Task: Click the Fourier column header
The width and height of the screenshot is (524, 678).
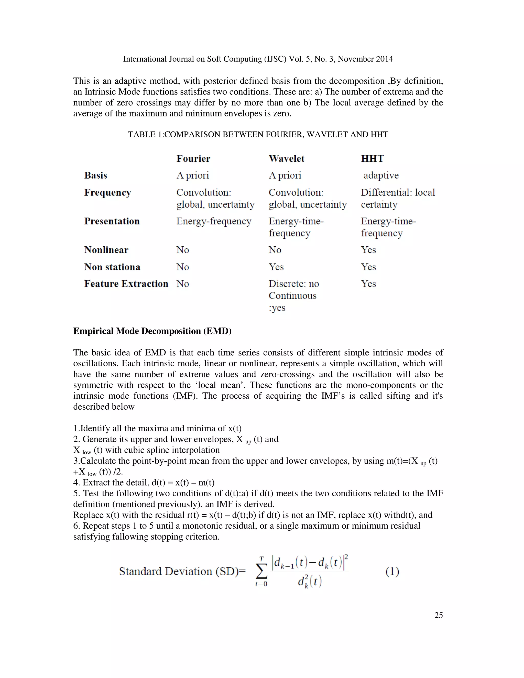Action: click(x=193, y=159)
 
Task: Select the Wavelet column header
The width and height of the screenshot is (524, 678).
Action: click(x=286, y=159)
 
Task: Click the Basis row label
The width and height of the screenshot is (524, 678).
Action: click(x=96, y=176)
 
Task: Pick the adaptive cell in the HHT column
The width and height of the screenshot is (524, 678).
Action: click(x=381, y=176)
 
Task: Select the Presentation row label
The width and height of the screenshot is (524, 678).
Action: click(x=112, y=221)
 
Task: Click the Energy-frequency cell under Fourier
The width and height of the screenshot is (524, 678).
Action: click(x=214, y=221)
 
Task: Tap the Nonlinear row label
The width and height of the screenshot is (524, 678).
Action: click(x=106, y=250)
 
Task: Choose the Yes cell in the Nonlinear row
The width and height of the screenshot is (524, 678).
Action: click(x=368, y=250)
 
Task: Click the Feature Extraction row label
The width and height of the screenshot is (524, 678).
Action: click(x=126, y=284)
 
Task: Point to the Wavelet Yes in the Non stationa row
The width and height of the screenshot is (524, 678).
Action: click(x=276, y=267)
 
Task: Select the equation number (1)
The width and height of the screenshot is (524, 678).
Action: click(x=392, y=572)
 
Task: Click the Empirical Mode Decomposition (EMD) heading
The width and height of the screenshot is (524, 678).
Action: click(x=152, y=331)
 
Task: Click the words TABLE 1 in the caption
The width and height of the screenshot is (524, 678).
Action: click(x=145, y=134)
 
